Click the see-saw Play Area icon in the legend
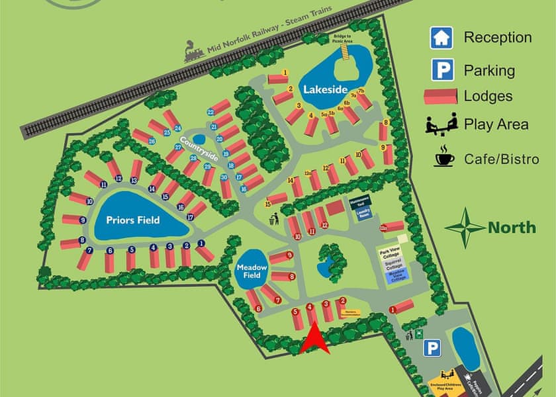[440, 124]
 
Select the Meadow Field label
[252, 271]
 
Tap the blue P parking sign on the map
[432, 347]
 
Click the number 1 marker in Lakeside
[285, 72]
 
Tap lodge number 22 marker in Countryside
[210, 112]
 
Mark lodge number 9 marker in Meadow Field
[290, 255]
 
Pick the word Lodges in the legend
[488, 96]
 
